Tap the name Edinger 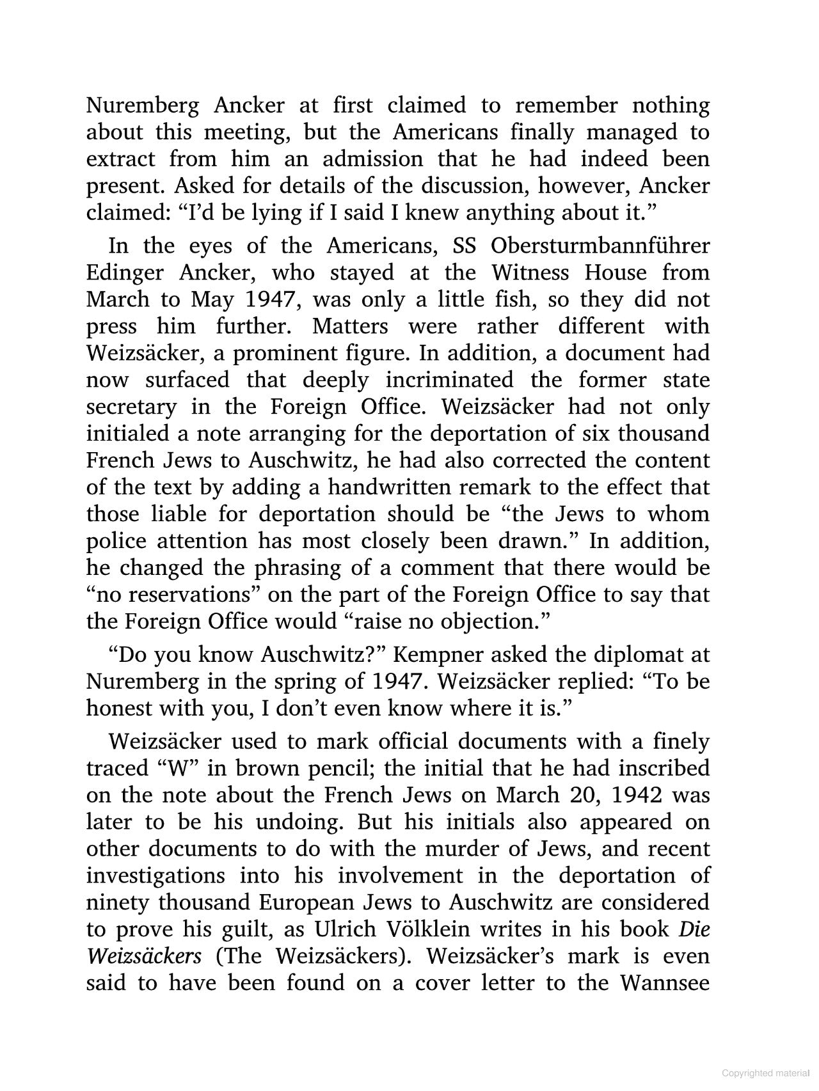[125, 272]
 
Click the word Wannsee [665, 982]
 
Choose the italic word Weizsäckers [144, 955]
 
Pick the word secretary [131, 407]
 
